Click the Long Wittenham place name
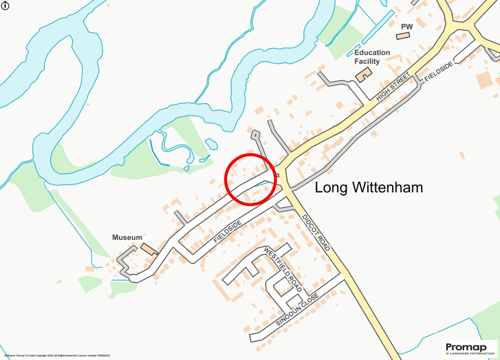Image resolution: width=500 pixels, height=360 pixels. coord(368,187)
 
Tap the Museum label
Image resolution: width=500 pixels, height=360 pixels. coord(127,237)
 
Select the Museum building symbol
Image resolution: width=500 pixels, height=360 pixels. coord(148,249)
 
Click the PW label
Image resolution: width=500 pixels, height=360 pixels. coord(407,27)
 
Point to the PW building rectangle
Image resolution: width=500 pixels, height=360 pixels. coord(403,36)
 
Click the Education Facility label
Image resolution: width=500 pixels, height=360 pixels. coord(372,57)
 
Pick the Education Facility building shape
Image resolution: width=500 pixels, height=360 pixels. coord(363,75)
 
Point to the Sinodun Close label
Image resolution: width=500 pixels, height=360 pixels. coord(297,309)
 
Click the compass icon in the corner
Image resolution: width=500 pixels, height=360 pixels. coord(5,5)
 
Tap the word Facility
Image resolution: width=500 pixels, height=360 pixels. coord(367,62)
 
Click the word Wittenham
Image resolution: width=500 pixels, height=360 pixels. coord(388,187)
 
